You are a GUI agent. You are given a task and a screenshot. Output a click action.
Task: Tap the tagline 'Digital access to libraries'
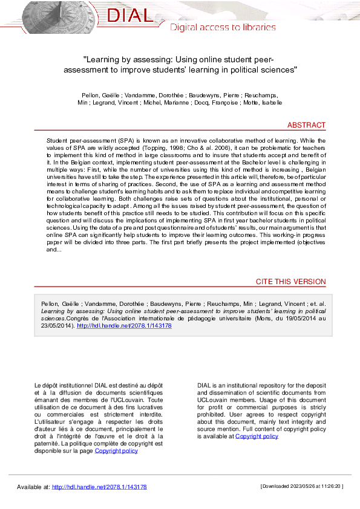tap(223, 27)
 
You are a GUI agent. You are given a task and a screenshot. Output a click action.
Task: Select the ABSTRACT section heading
tap(306, 125)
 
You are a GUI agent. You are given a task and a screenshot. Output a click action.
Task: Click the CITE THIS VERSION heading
tap(290, 282)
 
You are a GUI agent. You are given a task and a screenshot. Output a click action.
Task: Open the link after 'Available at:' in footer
tap(99, 487)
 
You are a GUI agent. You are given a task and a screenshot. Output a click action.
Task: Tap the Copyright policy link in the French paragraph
tap(116, 450)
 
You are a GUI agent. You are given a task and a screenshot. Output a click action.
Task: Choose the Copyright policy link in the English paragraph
tap(257, 436)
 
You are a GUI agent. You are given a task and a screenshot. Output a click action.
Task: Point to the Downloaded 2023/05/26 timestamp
tap(302, 486)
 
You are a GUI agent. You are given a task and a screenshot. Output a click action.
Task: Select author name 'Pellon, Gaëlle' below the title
tap(100, 96)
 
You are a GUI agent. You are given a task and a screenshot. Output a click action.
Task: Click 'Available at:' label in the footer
tap(33, 487)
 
